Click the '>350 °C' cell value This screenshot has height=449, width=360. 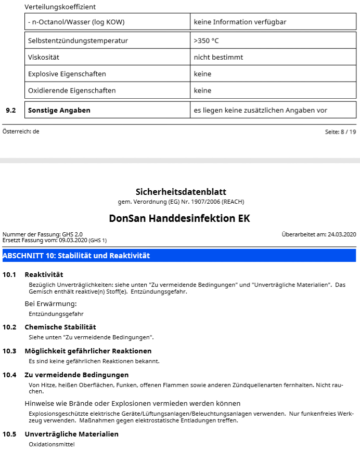point(207,41)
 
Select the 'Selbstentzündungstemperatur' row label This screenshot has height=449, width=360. point(78,41)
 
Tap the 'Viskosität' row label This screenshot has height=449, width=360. point(45,57)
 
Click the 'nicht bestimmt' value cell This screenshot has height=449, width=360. point(218,57)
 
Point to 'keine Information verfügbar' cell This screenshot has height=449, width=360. point(240,22)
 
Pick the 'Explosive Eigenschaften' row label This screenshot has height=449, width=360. point(67,74)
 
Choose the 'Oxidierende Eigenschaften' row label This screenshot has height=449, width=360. point(72,90)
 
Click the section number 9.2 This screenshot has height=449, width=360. point(10,110)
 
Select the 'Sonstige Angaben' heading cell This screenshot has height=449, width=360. point(59,110)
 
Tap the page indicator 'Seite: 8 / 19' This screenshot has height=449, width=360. point(341,132)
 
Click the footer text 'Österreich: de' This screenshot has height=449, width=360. point(21,131)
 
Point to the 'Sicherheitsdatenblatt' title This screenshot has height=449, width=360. point(181,192)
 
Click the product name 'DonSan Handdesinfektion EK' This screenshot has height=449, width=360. point(179,218)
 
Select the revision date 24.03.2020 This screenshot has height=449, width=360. point(342,234)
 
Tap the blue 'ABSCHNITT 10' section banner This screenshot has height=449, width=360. point(179,255)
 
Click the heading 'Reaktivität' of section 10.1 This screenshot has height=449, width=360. point(44,274)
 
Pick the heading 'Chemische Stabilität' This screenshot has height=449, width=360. point(60,327)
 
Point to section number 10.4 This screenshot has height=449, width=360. point(10,375)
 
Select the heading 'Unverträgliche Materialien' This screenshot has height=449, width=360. point(71,434)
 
